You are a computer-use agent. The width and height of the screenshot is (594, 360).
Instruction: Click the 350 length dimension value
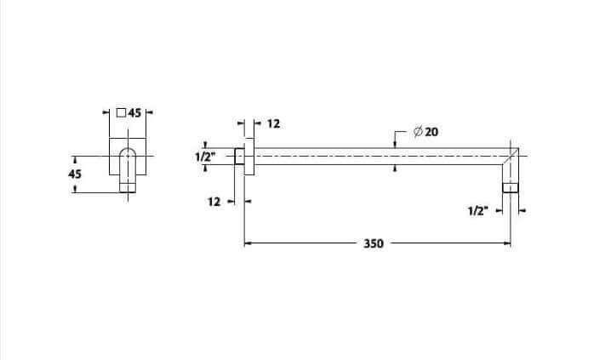pos(373,243)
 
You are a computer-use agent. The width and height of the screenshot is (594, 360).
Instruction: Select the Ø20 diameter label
pos(426,132)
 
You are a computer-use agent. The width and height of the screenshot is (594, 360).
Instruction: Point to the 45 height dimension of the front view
pos(74,173)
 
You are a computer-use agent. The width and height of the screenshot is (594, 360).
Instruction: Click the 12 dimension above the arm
pos(272,123)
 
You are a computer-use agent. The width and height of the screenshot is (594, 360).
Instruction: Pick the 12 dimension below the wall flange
pos(213,202)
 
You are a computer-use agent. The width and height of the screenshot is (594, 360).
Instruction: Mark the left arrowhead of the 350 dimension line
pos(248,243)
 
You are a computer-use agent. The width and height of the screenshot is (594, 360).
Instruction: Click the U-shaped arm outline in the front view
pos(126,162)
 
